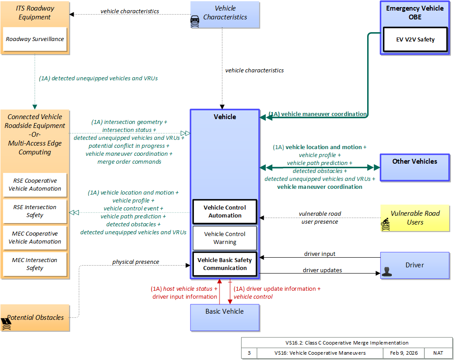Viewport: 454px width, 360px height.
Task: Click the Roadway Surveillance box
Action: click(35, 39)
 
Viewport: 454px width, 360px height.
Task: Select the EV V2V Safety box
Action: click(415, 40)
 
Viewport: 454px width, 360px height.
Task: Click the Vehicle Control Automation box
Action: click(225, 212)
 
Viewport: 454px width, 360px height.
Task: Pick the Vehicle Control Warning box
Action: click(225, 238)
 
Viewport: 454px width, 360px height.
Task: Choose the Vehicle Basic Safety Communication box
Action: click(225, 264)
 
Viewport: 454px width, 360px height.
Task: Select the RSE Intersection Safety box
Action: click(35, 211)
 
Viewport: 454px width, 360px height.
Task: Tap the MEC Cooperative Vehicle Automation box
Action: click(35, 238)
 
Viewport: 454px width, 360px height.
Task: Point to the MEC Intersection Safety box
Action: click(35, 264)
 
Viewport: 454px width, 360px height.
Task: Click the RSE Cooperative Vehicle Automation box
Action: click(35, 185)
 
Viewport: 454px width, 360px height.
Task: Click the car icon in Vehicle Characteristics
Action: click(195, 22)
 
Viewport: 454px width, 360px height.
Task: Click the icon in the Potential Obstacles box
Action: click(7, 324)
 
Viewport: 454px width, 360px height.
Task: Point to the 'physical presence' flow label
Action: click(135, 262)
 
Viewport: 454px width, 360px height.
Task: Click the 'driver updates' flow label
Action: click(322, 270)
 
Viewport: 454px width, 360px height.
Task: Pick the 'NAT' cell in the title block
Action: click(438, 353)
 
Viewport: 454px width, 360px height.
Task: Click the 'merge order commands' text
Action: click(129, 162)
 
